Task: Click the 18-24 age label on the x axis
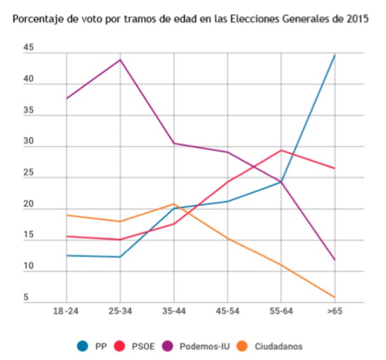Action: click(66, 313)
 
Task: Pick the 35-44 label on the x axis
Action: click(174, 313)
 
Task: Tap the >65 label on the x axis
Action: click(334, 313)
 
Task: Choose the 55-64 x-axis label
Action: click(280, 313)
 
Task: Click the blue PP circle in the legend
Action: click(83, 346)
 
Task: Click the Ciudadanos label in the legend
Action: click(279, 347)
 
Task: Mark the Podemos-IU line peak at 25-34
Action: click(120, 60)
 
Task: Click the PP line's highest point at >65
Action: click(334, 55)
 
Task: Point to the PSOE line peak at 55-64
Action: click(281, 150)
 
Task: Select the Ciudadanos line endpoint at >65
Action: click(334, 297)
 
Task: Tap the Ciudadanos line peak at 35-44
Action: click(174, 204)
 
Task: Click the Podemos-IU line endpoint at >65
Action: click(334, 260)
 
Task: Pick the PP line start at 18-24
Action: click(67, 256)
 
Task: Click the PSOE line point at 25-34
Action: click(120, 240)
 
